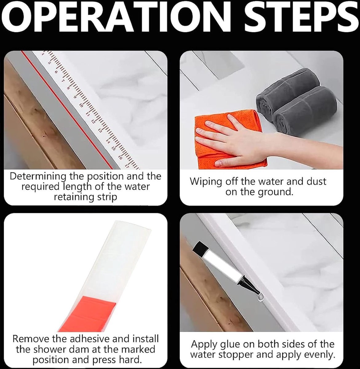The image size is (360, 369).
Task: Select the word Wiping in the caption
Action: (206, 182)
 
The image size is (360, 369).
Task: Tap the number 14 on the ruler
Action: (108, 141)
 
